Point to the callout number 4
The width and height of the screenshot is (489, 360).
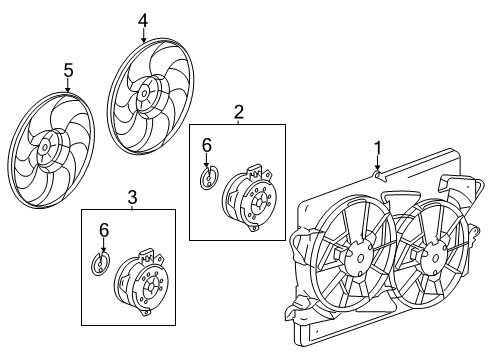142,19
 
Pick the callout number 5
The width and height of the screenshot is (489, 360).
68,69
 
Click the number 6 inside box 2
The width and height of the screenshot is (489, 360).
207,145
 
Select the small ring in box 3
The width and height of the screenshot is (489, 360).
99,265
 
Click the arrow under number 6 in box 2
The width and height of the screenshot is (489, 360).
207,162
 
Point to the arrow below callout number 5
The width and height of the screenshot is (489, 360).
68,87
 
